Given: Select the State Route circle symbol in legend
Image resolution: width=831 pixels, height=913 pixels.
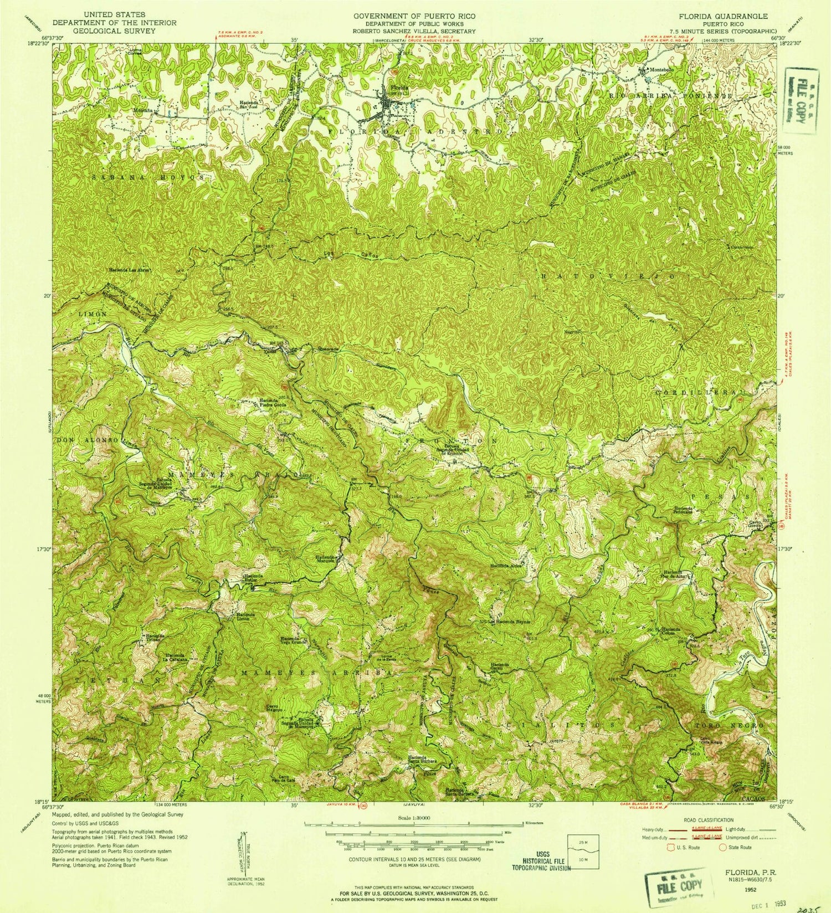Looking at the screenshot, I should tap(722, 847).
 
